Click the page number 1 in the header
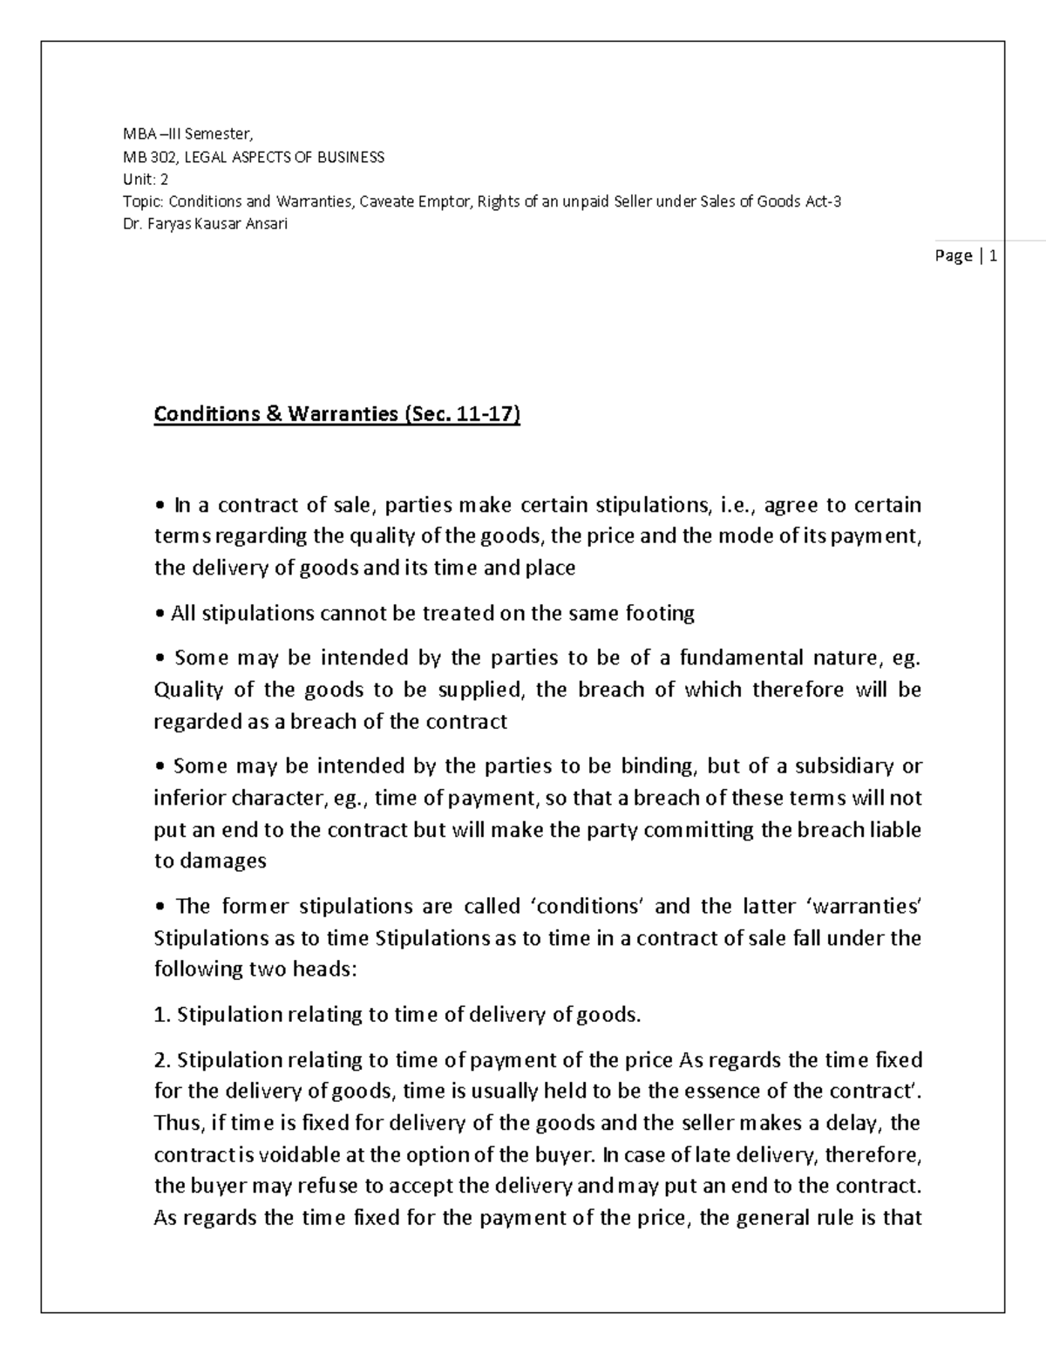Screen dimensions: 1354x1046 click(993, 255)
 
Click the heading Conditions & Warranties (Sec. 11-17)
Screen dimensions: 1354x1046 click(336, 413)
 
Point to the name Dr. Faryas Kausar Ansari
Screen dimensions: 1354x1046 click(206, 223)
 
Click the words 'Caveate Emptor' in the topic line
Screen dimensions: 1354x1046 click(416, 201)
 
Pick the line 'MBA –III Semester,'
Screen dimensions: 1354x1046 click(187, 134)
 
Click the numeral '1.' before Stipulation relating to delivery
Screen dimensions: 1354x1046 click(161, 1014)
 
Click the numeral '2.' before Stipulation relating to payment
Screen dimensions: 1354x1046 click(161, 1060)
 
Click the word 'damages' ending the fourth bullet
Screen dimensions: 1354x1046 click(222, 861)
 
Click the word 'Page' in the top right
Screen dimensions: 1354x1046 click(953, 255)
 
